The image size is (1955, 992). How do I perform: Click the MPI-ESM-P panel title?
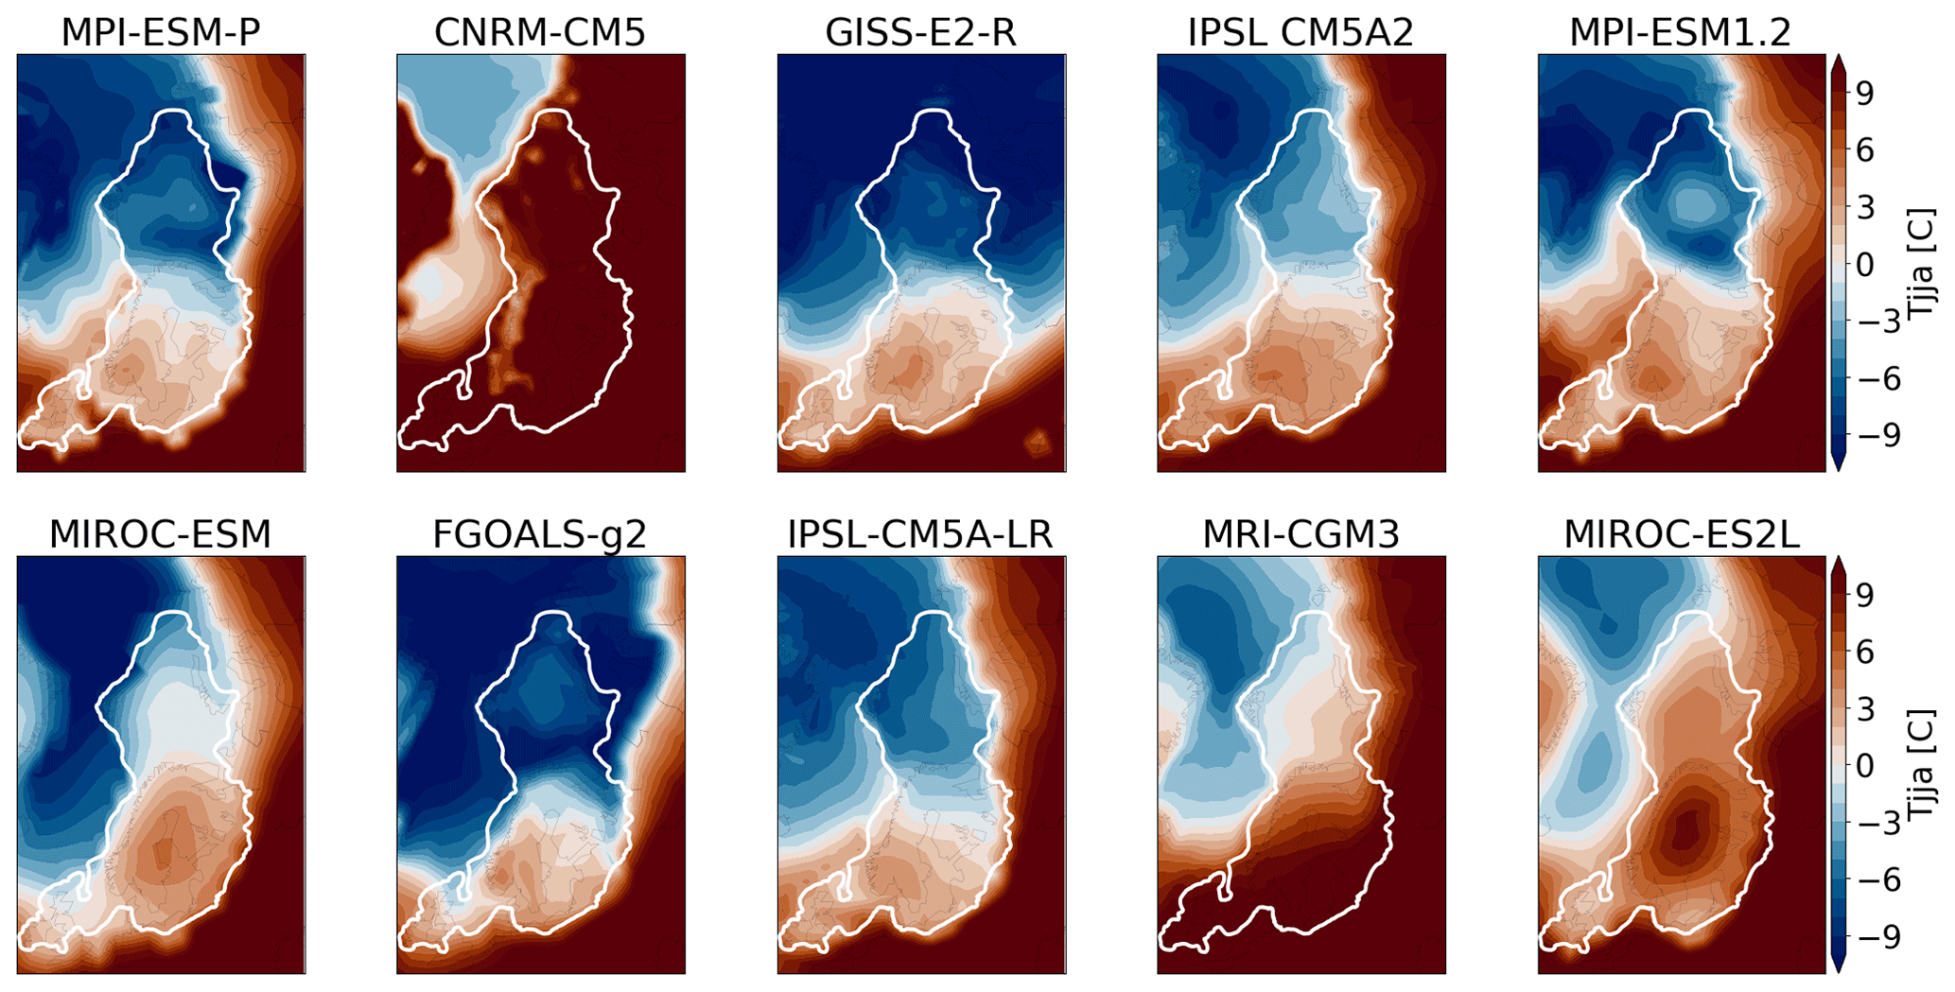[x=161, y=32]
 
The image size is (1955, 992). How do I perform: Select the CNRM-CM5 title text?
[x=540, y=32]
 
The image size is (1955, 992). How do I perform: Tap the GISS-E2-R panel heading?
[x=921, y=32]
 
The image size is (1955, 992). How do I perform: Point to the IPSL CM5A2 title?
[x=1300, y=32]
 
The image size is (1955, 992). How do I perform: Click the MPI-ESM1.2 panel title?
[x=1681, y=32]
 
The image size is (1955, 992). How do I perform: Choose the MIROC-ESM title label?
[x=160, y=534]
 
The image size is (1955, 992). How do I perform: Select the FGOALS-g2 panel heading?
[x=540, y=534]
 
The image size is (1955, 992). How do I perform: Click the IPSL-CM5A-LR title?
[x=920, y=534]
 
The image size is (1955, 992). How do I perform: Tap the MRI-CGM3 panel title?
[x=1300, y=534]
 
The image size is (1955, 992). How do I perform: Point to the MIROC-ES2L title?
[x=1681, y=534]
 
